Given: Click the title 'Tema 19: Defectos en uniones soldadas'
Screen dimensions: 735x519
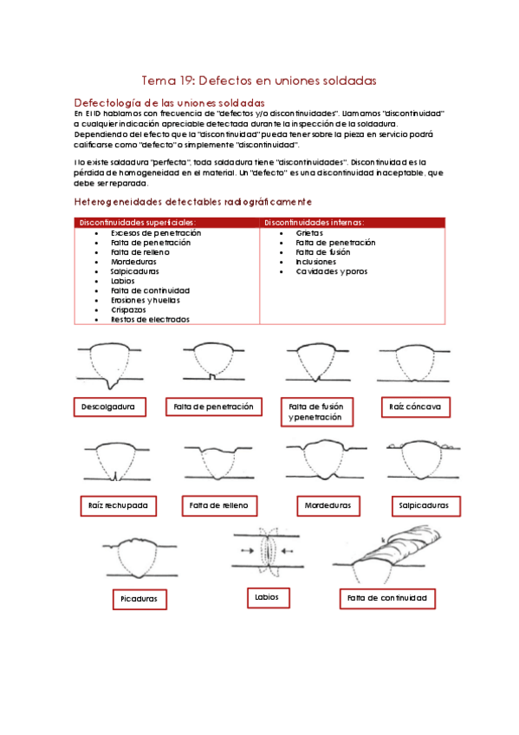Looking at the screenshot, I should tap(259, 81).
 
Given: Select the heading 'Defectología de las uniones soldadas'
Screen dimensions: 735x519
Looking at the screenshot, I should tap(164, 103).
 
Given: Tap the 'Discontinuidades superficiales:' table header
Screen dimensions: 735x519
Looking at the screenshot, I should tap(138, 223).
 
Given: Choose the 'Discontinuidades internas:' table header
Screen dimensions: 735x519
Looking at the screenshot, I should tap(315, 223).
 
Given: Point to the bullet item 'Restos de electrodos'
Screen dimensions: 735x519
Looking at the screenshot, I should tap(150, 319).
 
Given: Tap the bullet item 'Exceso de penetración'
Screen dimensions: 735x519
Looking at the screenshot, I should tap(156, 233).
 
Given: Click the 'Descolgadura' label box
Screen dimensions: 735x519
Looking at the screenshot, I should tap(109, 407).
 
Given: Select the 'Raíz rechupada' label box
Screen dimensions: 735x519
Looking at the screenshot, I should tap(118, 504).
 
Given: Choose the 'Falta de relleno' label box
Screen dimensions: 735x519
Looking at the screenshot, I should tap(218, 504).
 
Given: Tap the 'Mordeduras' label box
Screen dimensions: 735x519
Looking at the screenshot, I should tap(328, 504).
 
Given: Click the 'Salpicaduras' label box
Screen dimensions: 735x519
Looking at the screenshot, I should tap(425, 504).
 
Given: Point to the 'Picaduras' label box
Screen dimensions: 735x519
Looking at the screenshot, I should tap(139, 599).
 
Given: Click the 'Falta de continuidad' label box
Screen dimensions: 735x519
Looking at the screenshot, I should tap(386, 598).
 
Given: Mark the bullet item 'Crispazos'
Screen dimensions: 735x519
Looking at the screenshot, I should tap(128, 309).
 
